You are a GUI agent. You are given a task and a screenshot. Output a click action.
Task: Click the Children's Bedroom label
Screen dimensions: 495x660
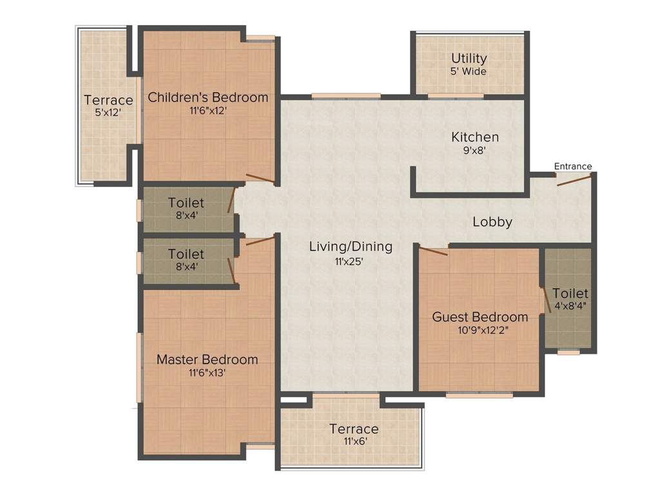(208, 97)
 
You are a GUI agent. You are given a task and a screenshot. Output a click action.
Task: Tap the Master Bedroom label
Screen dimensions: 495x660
(207, 360)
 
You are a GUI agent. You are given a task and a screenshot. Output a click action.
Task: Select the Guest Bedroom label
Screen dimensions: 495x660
(480, 317)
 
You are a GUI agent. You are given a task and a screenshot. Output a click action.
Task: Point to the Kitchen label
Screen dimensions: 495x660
(474, 137)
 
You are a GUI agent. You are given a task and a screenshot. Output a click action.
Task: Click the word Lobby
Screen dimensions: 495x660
(492, 222)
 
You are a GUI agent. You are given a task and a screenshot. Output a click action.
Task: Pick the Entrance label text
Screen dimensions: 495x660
(573, 166)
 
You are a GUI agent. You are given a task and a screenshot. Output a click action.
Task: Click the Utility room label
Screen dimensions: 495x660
(469, 59)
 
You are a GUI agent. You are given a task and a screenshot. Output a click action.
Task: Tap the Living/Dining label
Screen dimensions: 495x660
(351, 246)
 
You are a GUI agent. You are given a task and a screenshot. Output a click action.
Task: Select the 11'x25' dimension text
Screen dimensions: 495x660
(351, 261)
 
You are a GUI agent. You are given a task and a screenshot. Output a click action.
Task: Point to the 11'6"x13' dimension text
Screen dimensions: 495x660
(207, 373)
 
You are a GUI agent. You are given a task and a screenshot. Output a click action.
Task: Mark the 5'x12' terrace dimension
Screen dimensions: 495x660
(108, 113)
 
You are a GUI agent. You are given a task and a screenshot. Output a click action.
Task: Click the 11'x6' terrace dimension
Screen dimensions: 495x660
(354, 442)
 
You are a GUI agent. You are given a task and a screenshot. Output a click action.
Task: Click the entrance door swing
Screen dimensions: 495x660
(574, 180)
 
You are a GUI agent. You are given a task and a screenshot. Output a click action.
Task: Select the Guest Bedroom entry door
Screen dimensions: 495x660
(433, 251)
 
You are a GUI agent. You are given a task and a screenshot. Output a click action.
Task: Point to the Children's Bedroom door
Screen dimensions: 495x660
(261, 179)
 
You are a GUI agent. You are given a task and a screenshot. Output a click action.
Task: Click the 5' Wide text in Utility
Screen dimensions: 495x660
(469, 72)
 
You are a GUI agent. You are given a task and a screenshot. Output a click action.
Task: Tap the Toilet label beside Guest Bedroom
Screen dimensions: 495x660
(570, 294)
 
